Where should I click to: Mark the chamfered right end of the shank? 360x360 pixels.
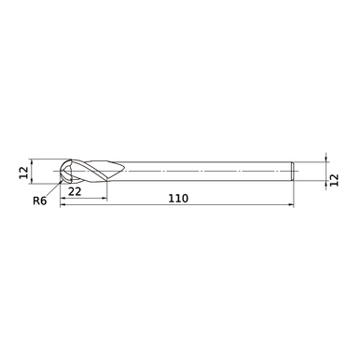point(294,171)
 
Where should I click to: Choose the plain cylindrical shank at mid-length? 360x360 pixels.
point(205,171)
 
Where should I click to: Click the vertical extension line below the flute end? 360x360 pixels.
point(106,191)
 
